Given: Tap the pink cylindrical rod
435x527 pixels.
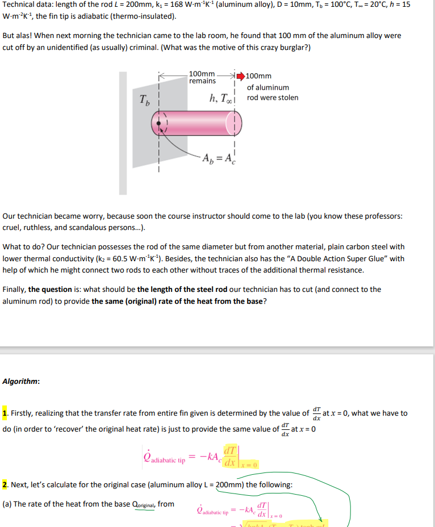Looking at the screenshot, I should [x=196, y=123].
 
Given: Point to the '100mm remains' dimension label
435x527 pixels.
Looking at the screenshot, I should [x=202, y=77].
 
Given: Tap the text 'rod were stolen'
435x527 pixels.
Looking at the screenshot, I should [x=273, y=98].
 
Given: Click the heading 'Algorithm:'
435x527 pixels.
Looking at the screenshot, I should [x=22, y=382].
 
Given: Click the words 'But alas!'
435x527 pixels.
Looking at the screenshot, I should [x=18, y=35].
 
